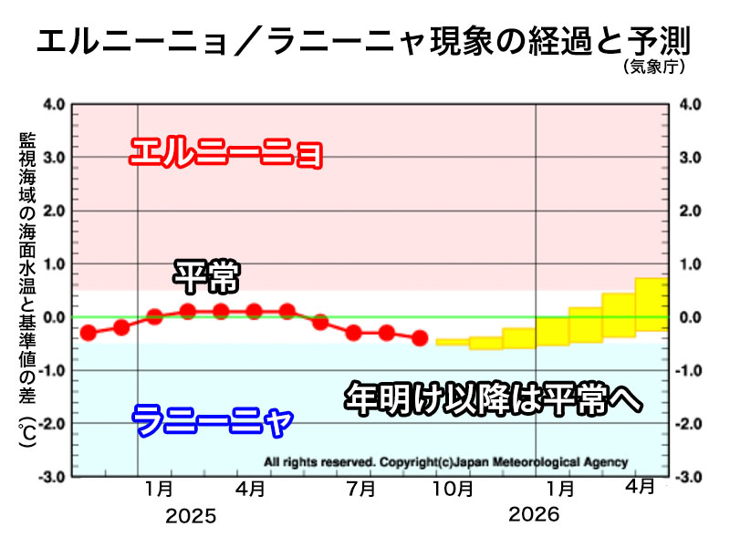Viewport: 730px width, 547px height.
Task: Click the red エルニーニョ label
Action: [x=225, y=153]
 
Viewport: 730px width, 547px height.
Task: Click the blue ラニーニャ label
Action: [x=213, y=421]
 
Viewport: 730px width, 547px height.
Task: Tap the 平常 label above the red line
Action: [x=205, y=276]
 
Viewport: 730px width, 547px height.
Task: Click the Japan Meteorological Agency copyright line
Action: [x=445, y=461]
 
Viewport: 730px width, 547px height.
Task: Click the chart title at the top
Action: [x=362, y=40]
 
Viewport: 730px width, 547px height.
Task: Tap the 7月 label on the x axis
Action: [x=362, y=490]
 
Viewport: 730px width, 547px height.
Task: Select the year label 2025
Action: [x=192, y=517]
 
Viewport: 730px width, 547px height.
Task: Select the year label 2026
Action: [x=535, y=516]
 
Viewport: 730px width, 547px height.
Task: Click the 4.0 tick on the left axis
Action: [x=53, y=104]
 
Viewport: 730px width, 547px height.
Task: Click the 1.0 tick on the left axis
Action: [x=53, y=263]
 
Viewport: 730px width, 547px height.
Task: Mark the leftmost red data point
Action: [x=89, y=333]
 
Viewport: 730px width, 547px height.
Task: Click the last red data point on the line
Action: [x=420, y=338]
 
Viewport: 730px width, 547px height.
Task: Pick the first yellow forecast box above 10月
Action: [x=453, y=342]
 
